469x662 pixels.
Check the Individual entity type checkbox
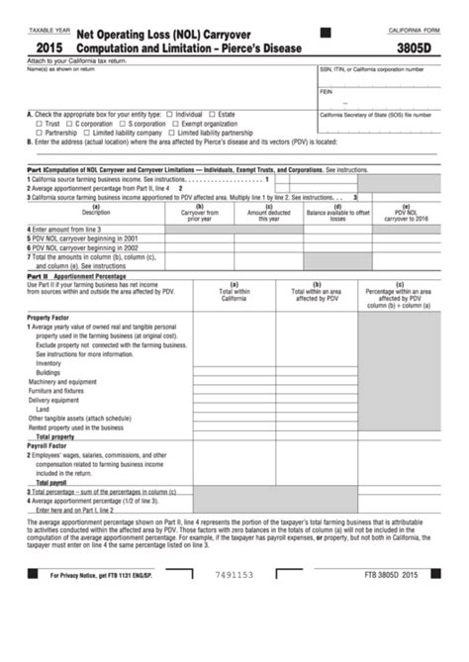[169, 114]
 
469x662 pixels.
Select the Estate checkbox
[213, 114]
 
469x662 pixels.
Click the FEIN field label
[326, 91]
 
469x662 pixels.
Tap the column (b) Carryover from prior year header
[199, 212]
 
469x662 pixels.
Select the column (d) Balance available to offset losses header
[337, 212]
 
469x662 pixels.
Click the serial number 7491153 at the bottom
[233, 629]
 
